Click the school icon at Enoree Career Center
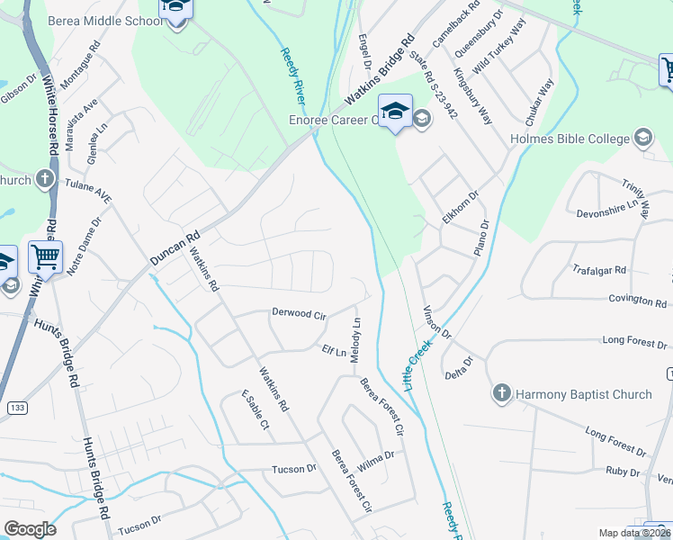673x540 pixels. click(395, 112)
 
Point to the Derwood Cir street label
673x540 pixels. click(299, 314)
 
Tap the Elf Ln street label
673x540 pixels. click(334, 352)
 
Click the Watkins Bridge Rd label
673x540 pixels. click(379, 73)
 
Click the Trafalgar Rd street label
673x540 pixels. click(598, 269)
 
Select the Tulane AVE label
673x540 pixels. click(88, 189)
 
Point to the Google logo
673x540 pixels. click(30, 529)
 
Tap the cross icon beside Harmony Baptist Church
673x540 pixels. click(502, 393)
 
